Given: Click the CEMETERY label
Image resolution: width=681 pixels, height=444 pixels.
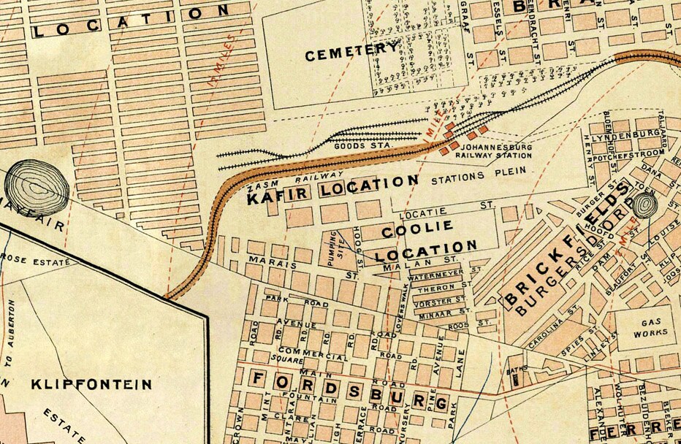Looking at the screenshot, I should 353,53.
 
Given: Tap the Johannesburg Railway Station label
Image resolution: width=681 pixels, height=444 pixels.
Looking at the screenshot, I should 494,150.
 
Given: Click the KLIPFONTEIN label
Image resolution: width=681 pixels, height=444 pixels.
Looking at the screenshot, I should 91,383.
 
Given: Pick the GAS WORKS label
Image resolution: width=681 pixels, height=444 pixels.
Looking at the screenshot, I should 644,326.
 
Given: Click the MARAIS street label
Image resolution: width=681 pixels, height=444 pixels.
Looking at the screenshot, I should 267,260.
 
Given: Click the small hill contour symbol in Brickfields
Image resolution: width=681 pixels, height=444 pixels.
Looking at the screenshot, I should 644,205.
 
